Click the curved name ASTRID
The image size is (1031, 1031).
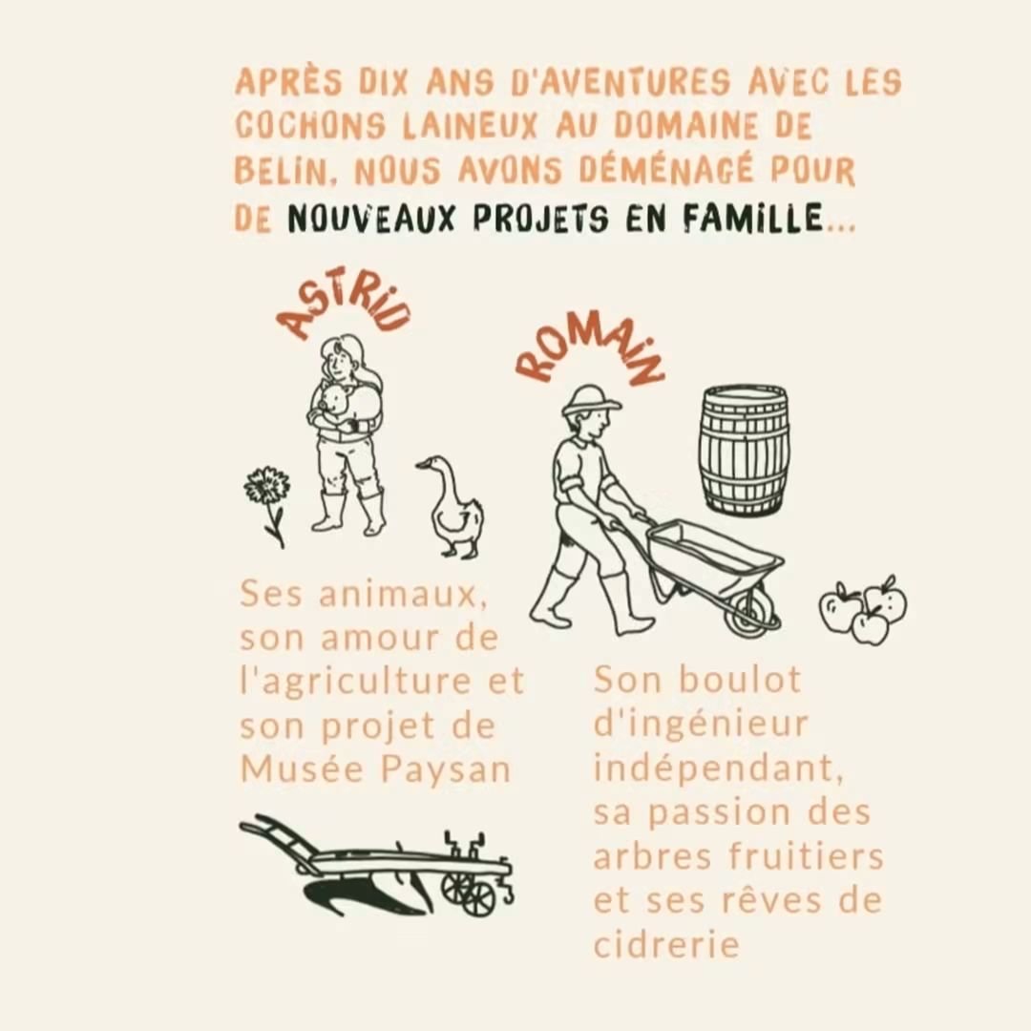click(342, 309)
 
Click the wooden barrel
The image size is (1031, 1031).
click(743, 451)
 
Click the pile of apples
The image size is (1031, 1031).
click(863, 609)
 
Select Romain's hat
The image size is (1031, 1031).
click(590, 400)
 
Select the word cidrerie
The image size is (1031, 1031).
click(666, 944)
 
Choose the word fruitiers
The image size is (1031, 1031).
click(806, 856)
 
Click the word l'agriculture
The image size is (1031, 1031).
click(356, 682)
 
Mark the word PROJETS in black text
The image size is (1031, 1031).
click(540, 218)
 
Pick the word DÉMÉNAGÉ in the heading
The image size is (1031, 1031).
click(665, 170)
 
